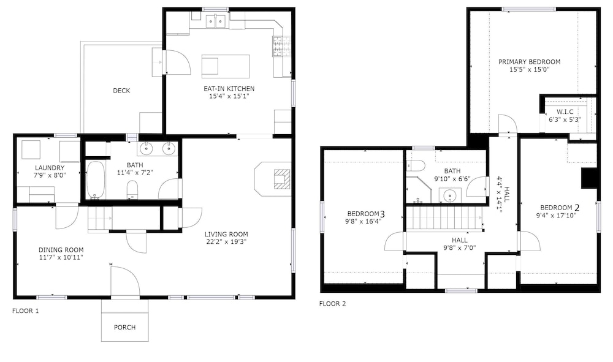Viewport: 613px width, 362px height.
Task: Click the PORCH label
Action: pyautogui.click(x=124, y=327)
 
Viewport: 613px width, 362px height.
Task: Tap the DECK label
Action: pyautogui.click(x=121, y=91)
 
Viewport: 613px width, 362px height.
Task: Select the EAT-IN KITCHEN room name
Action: pyautogui.click(x=229, y=89)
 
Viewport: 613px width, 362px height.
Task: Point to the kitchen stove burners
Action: pyautogui.click(x=278, y=46)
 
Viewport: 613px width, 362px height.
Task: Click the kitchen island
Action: pyautogui.click(x=226, y=66)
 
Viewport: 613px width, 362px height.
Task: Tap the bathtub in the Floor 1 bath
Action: pyautogui.click(x=95, y=179)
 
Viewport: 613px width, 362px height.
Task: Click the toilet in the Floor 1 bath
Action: pyautogui.click(x=132, y=189)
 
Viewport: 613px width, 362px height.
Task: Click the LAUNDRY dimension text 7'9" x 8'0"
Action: pyautogui.click(x=50, y=175)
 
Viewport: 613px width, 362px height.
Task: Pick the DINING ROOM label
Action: pyautogui.click(x=61, y=250)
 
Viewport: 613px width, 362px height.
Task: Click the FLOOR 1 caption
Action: pyautogui.click(x=25, y=311)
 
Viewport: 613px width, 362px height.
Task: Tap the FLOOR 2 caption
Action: pyautogui.click(x=332, y=303)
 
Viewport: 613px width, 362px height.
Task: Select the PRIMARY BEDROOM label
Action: pyautogui.click(x=530, y=62)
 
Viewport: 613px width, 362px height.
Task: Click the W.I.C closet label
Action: pyautogui.click(x=565, y=111)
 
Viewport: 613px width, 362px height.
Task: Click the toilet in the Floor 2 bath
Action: pyautogui.click(x=416, y=165)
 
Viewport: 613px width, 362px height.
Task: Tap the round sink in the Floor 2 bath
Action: pyautogui.click(x=450, y=194)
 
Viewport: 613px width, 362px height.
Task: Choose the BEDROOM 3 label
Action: pyautogui.click(x=366, y=214)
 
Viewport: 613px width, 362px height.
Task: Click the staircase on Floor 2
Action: pyautogui.click(x=444, y=218)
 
